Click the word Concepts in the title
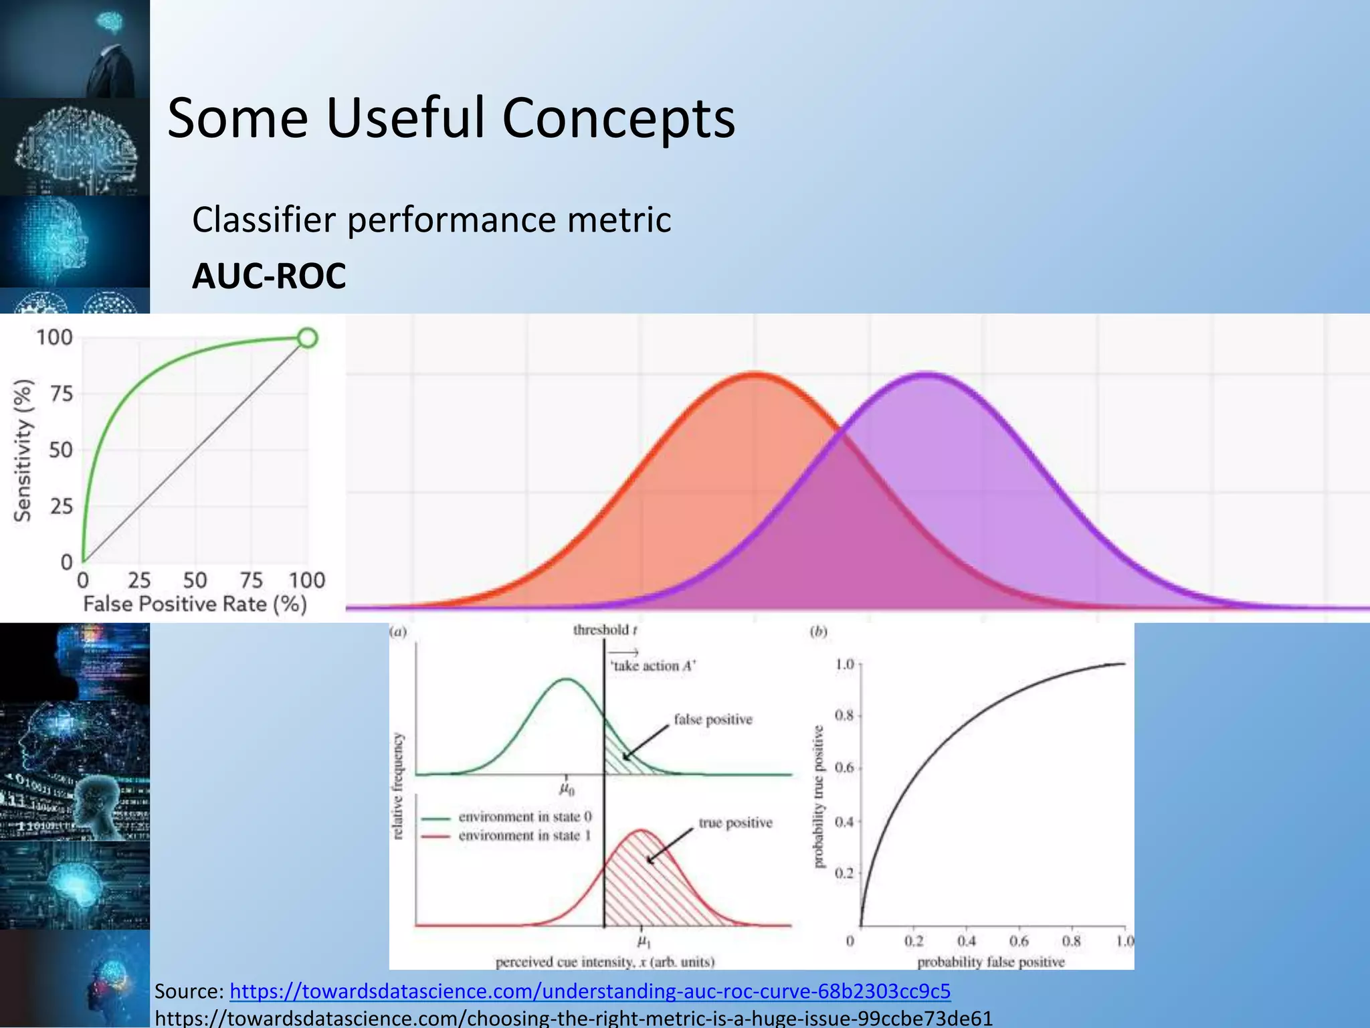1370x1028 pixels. coord(618,118)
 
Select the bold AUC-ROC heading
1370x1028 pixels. coord(269,276)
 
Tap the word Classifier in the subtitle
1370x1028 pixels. coord(264,220)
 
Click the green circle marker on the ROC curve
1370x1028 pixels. coord(307,338)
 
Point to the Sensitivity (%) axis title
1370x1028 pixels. coord(23,450)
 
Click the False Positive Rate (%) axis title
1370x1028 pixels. coord(195,604)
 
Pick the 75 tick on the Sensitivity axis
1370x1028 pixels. coord(61,394)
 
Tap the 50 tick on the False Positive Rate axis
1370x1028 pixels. coord(195,580)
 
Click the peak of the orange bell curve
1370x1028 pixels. coord(755,374)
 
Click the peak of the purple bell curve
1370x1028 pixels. coord(926,374)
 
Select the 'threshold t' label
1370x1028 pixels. coord(605,630)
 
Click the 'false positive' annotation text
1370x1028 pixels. coord(712,719)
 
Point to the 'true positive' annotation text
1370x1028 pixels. coord(735,823)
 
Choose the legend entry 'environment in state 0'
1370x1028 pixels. coord(524,817)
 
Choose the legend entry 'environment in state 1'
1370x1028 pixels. coord(524,835)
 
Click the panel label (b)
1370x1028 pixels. coord(818,631)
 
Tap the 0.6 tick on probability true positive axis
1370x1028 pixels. coord(844,768)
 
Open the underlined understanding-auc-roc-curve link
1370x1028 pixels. coord(589,991)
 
